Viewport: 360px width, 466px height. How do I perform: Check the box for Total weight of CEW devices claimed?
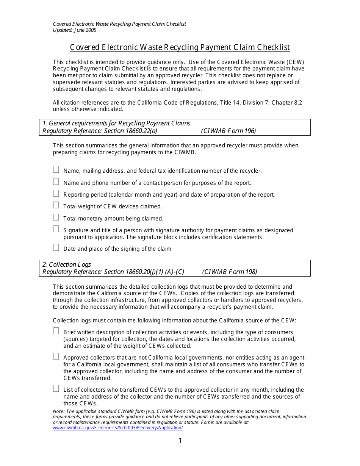[x=56, y=205]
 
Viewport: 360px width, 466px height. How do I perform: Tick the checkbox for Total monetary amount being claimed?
[x=56, y=217]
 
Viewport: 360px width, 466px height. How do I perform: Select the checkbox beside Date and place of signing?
[x=56, y=247]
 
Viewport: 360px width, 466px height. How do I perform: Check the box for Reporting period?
[x=56, y=193]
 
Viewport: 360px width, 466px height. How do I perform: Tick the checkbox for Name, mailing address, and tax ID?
[x=56, y=169]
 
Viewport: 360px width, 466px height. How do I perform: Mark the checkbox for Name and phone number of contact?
[x=56, y=181]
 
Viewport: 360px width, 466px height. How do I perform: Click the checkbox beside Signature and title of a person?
[x=56, y=229]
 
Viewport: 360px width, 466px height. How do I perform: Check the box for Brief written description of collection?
[x=56, y=331]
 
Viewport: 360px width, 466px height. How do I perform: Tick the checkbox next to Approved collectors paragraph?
[x=56, y=356]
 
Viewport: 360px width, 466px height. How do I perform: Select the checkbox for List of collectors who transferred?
[x=56, y=388]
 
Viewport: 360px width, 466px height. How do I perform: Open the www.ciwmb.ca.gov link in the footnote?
[x=117, y=428]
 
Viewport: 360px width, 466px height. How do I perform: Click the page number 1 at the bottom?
[x=180, y=441]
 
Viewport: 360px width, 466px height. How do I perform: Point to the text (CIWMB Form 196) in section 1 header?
[x=229, y=131]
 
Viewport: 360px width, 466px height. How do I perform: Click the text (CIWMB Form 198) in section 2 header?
[x=229, y=272]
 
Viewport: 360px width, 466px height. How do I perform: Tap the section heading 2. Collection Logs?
[x=67, y=265]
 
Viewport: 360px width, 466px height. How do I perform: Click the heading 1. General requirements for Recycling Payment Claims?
[x=116, y=124]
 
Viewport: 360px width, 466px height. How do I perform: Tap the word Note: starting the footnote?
[x=59, y=411]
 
